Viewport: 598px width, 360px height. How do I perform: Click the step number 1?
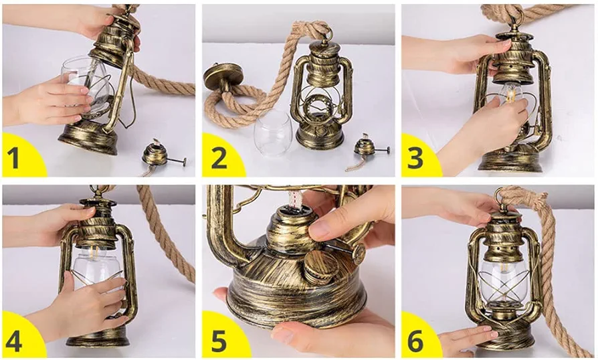tap(13, 157)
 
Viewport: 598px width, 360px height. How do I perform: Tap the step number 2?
tap(219, 157)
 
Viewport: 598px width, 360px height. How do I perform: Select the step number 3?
tap(415, 157)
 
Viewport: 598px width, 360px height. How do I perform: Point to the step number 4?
tap(14, 341)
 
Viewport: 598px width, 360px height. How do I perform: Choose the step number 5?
tap(219, 341)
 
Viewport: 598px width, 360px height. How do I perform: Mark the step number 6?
tap(415, 341)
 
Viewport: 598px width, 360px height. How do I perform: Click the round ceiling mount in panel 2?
tap(223, 78)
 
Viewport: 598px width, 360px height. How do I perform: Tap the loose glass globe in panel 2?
tap(273, 132)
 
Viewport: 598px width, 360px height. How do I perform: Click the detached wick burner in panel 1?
tap(160, 156)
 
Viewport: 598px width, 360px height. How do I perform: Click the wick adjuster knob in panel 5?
tap(359, 253)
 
